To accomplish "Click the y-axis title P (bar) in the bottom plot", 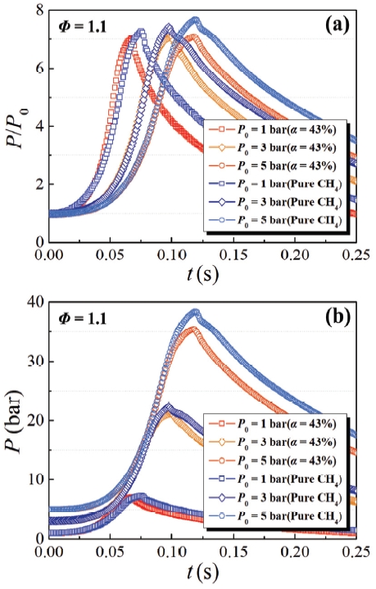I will click(x=18, y=420).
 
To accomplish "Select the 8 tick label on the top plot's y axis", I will click(x=38, y=11).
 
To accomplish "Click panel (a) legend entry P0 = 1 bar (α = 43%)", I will click(x=283, y=130).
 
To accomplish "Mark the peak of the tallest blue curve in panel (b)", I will click(x=194, y=311).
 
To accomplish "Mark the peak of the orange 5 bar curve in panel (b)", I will click(x=193, y=328).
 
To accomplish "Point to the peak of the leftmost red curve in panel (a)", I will click(x=129, y=38).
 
